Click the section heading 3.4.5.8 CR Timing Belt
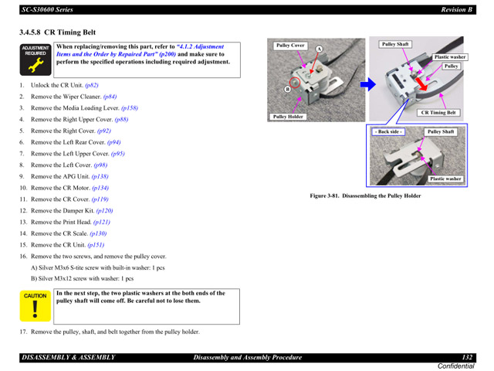(x=58, y=32)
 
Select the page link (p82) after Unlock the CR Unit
(x=92, y=85)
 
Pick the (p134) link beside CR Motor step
(x=99, y=188)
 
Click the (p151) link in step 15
(x=96, y=245)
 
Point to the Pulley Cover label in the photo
(x=291, y=46)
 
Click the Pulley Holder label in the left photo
(x=288, y=117)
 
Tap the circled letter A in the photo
(x=318, y=49)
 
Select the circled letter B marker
(x=287, y=89)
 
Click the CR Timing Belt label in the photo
(x=438, y=113)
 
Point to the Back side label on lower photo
(x=388, y=132)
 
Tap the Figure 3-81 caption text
(x=365, y=196)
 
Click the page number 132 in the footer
(x=467, y=356)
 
